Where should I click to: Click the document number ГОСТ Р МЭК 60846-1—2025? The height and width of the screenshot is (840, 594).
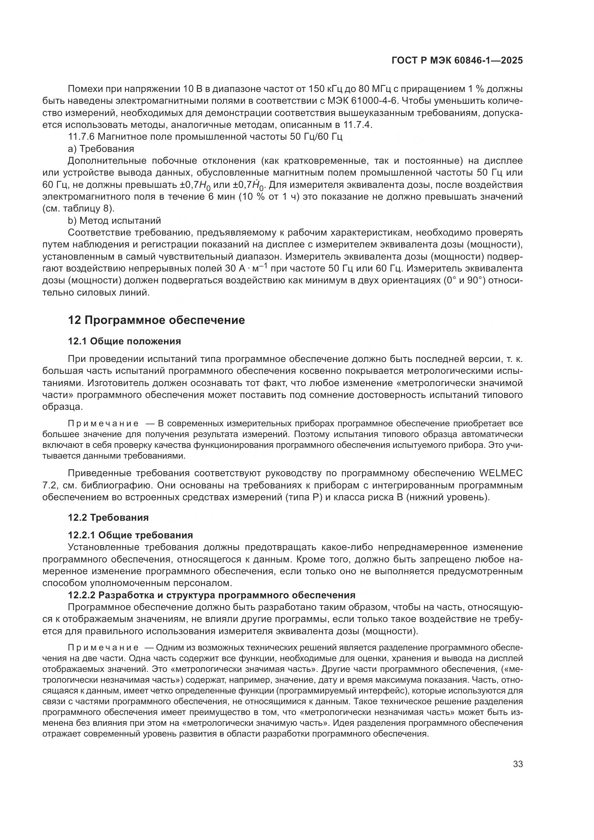(x=457, y=61)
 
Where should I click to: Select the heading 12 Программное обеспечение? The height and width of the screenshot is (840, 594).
(x=156, y=320)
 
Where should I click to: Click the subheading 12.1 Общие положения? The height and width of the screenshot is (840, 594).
(x=124, y=341)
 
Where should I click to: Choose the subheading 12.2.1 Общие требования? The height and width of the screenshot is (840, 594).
(x=130, y=535)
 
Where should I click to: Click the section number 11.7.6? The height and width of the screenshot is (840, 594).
(x=81, y=137)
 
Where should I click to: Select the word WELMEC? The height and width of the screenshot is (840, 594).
(x=500, y=473)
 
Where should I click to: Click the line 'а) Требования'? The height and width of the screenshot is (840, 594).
(x=101, y=149)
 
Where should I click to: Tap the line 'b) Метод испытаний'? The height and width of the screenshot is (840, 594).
(x=114, y=221)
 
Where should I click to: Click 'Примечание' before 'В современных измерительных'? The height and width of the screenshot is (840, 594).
(x=103, y=424)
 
